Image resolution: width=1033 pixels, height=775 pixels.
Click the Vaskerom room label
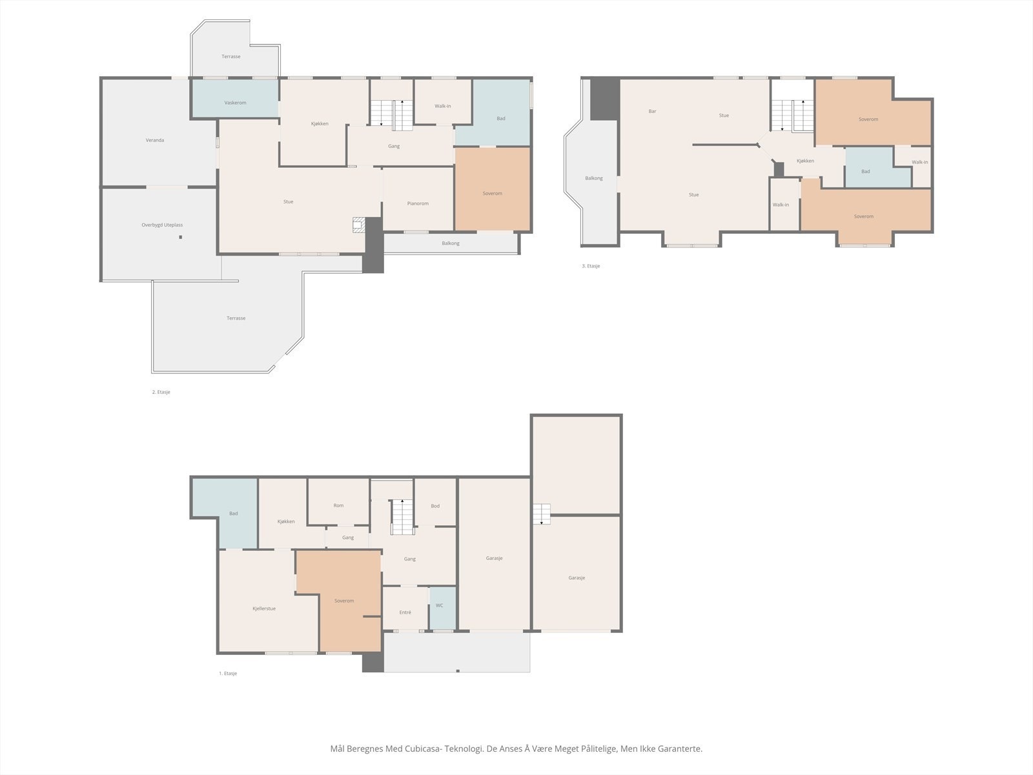[235, 103]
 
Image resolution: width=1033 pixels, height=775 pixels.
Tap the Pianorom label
[418, 203]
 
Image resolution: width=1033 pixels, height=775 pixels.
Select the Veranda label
[155, 139]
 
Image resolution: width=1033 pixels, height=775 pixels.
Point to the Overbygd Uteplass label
[162, 225]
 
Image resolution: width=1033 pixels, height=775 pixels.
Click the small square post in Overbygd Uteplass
[180, 237]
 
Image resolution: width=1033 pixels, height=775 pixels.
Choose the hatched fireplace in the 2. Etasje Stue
[358, 225]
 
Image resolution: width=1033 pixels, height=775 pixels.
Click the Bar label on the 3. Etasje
[652, 111]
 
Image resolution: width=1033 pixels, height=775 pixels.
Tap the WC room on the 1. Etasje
[443, 608]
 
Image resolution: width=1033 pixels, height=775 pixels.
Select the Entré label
[405, 612]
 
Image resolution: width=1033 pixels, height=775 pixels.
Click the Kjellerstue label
[264, 608]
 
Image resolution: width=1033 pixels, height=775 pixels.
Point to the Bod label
[435, 506]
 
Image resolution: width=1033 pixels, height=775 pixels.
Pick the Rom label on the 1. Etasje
[338, 506]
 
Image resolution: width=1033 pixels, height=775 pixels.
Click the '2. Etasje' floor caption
[161, 392]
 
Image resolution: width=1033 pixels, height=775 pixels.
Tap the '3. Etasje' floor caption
[591, 266]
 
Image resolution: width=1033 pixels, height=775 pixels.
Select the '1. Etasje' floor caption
[228, 674]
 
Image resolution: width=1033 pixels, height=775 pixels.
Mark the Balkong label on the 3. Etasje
[594, 178]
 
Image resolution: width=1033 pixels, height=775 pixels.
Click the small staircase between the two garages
[542, 514]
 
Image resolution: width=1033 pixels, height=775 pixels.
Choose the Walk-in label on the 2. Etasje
[442, 106]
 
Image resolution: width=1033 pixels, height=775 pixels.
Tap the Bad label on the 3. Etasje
[866, 171]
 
